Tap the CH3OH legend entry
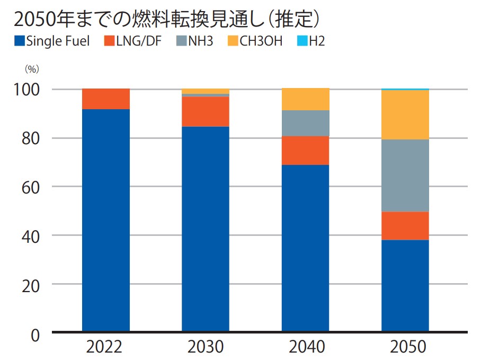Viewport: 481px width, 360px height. pos(254,41)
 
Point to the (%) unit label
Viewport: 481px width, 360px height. pos(32,69)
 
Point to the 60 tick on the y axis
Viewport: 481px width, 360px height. pos(29,187)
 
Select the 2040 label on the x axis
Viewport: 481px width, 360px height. pos(307,347)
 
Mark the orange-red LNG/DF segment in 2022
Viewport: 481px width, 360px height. pos(106,99)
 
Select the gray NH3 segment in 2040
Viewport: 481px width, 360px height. pos(306,123)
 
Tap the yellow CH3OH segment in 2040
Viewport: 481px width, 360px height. pos(306,99)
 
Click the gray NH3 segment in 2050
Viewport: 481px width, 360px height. pos(405,175)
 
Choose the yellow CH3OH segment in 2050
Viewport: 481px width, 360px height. pos(405,115)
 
